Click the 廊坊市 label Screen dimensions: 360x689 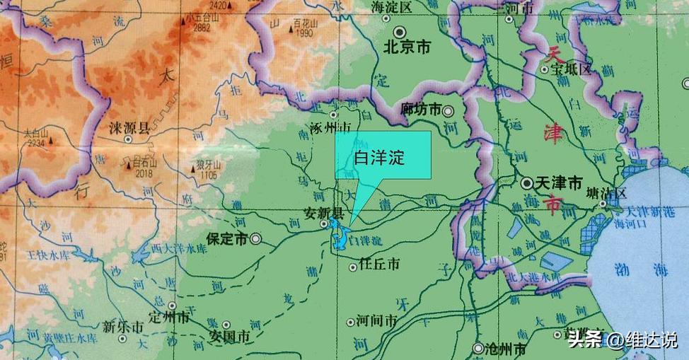pos(421,110)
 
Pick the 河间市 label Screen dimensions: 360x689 pos(377,321)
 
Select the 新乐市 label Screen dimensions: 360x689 pos(122,327)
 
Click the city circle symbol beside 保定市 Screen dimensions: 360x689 pos(255,240)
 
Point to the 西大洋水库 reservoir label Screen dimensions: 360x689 pos(179,249)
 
